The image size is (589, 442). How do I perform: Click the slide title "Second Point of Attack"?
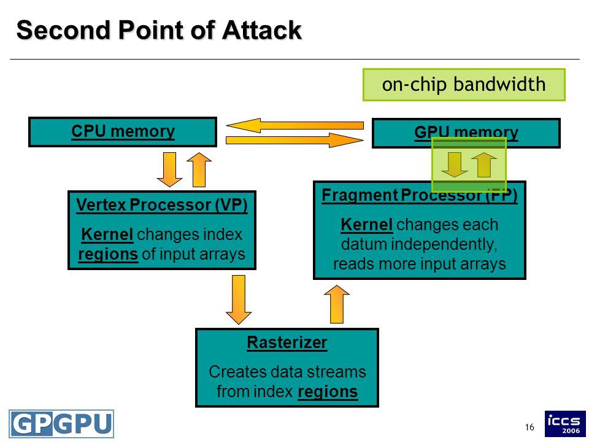click(x=159, y=29)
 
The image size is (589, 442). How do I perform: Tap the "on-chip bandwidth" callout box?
click(x=464, y=85)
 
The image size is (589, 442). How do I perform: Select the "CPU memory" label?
click(x=123, y=131)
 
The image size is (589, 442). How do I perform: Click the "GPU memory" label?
click(x=466, y=133)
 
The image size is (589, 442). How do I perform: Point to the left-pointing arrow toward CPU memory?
click(x=295, y=125)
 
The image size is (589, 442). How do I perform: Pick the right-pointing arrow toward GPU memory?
click(x=295, y=140)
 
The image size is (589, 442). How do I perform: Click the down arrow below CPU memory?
click(x=169, y=169)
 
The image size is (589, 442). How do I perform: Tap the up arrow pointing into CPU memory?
click(x=199, y=169)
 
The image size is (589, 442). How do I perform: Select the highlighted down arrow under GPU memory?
click(x=455, y=165)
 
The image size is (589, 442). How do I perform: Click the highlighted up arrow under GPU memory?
click(x=484, y=165)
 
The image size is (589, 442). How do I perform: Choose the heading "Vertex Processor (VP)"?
click(x=162, y=205)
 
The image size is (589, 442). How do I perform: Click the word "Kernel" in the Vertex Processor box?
click(x=107, y=235)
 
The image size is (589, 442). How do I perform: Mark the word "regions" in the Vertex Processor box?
click(x=108, y=254)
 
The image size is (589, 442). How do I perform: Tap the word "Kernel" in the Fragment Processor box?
click(x=367, y=225)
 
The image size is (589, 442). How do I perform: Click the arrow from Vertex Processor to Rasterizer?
click(x=239, y=300)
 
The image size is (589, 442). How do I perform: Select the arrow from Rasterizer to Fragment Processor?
click(x=337, y=304)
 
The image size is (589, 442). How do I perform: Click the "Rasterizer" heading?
click(x=287, y=343)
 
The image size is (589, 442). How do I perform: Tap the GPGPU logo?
click(x=61, y=424)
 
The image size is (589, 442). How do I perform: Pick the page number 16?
click(x=529, y=427)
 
